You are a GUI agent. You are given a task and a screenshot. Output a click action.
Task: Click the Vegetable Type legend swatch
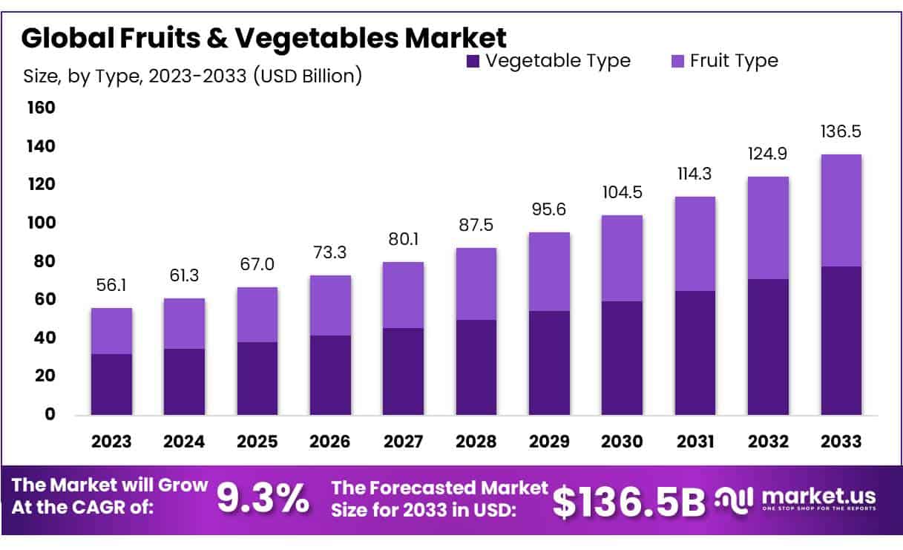click(x=473, y=62)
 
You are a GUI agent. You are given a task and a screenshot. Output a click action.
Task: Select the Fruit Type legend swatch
click(x=677, y=62)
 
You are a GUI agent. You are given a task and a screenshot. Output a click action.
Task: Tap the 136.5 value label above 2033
click(x=841, y=131)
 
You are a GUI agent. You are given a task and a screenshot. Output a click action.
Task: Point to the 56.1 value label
click(x=111, y=285)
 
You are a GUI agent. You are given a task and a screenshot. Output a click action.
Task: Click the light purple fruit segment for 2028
click(x=476, y=284)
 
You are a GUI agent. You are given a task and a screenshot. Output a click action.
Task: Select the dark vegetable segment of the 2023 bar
click(x=111, y=384)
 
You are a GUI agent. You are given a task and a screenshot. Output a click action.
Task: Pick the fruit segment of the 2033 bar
click(x=841, y=211)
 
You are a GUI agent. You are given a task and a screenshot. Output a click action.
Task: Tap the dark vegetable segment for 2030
click(x=622, y=358)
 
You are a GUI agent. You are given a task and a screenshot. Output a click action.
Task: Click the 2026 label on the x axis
click(x=330, y=442)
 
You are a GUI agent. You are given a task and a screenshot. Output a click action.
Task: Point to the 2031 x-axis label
click(x=695, y=442)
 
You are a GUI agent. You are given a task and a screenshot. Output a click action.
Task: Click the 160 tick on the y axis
click(x=41, y=108)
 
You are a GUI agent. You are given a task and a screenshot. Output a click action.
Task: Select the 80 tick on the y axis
click(x=45, y=261)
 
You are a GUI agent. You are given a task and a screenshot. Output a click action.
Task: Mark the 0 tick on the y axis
click(x=50, y=414)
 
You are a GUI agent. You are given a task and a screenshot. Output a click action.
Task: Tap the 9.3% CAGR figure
click(x=263, y=498)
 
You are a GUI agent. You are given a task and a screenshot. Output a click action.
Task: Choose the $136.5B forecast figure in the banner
click(x=629, y=502)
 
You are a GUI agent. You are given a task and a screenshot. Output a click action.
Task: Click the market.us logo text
click(x=818, y=496)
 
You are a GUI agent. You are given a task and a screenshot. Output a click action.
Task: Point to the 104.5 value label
click(x=622, y=192)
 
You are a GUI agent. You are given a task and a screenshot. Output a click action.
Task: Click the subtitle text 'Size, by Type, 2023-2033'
click(x=134, y=76)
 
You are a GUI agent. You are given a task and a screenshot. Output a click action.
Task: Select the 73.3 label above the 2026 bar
click(x=329, y=252)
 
